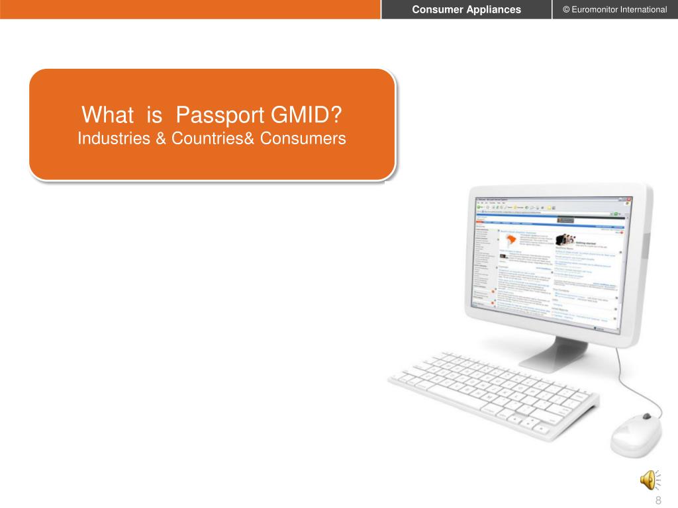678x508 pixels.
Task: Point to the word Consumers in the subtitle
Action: coord(303,139)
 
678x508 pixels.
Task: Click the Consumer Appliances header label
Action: coord(467,9)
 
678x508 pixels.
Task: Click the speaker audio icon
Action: coord(649,478)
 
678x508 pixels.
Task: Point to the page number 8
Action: coord(658,500)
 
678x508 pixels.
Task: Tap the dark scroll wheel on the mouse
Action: coord(647,417)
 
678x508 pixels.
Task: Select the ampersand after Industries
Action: coord(161,139)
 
